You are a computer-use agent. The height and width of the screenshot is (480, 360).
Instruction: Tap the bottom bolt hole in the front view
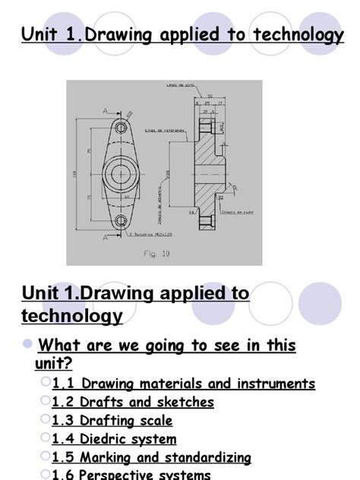click(120, 221)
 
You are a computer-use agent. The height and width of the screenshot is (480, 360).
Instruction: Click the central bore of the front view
click(120, 175)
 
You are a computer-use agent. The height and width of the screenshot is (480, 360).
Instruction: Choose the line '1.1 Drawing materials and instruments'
click(183, 384)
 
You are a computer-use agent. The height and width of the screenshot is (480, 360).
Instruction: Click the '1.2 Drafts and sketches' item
click(133, 402)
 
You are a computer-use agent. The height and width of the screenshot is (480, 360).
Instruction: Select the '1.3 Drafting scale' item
click(112, 420)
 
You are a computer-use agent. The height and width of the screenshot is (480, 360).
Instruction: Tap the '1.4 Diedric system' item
click(114, 439)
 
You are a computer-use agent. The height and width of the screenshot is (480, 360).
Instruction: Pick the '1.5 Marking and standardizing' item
click(151, 457)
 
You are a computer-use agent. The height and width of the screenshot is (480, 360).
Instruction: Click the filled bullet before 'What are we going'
click(28, 344)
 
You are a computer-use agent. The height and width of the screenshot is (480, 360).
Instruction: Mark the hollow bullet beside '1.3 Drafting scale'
click(46, 419)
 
